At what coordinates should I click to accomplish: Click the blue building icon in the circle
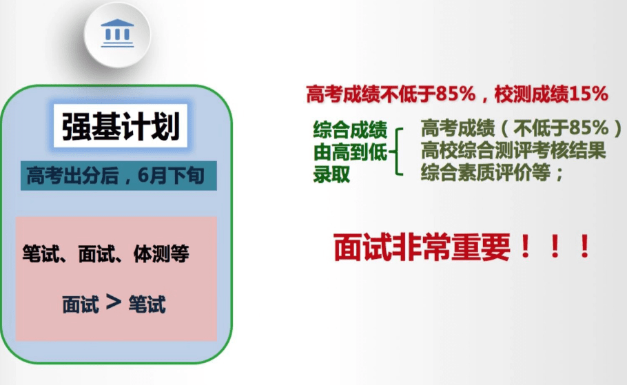point(117,33)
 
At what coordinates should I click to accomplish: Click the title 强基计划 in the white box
point(121,126)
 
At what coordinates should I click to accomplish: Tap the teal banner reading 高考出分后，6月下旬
point(119,176)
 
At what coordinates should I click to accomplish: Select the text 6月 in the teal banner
point(152,176)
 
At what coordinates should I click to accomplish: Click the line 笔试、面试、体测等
point(106,253)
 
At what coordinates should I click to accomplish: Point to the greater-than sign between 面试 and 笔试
point(114,302)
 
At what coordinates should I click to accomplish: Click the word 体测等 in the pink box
point(161,253)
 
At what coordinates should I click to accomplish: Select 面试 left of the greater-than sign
point(81,304)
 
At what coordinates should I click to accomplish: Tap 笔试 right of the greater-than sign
point(147,304)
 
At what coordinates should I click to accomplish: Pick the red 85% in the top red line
point(456,94)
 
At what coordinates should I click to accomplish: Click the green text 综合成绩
point(350,129)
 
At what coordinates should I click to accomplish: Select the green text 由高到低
point(350,152)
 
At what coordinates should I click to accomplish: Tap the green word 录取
point(331,174)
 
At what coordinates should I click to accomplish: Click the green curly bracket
point(396,152)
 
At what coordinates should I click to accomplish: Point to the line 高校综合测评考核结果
point(513,151)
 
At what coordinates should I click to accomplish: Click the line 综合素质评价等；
point(492,172)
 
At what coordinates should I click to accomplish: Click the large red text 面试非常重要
point(422,247)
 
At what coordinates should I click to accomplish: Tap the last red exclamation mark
point(584,247)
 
